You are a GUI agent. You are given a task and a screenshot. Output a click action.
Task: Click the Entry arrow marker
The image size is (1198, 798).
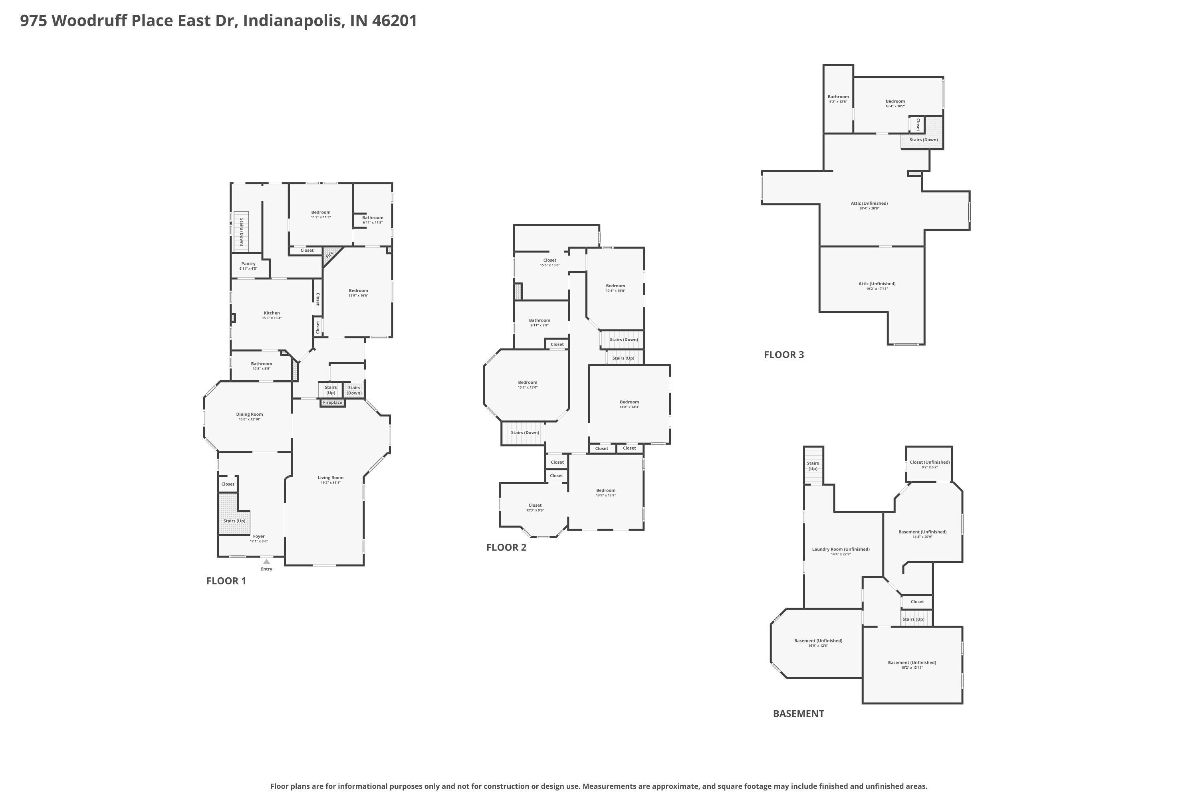(x=266, y=561)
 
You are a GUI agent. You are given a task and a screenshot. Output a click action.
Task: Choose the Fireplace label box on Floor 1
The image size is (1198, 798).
(x=333, y=403)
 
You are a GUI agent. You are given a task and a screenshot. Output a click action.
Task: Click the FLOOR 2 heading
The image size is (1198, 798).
(x=506, y=547)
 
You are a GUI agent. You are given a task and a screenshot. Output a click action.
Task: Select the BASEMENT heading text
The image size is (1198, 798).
(x=798, y=713)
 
